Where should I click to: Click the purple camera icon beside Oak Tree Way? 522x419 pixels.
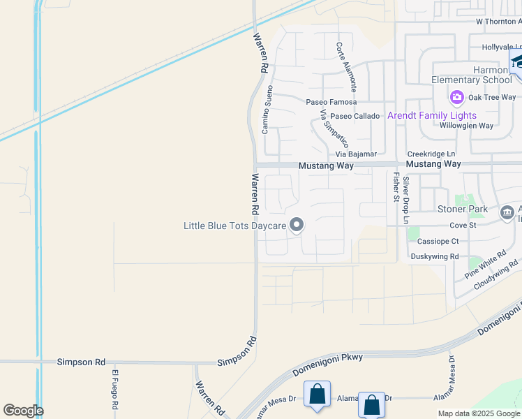point(457,97)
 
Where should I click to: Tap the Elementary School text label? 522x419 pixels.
point(471,80)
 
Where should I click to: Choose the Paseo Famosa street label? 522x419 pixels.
point(331,102)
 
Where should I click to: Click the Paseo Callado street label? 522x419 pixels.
point(355,116)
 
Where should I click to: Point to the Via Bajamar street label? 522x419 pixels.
point(356,154)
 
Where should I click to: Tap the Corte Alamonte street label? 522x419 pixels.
point(346,67)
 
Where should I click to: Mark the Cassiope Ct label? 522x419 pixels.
point(438,241)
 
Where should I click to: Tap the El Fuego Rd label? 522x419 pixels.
point(114,389)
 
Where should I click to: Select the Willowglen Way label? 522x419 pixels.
point(466,126)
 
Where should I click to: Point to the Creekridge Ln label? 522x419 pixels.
point(431,154)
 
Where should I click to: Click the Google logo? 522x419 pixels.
point(23,411)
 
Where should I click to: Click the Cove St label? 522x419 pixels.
point(463,226)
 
